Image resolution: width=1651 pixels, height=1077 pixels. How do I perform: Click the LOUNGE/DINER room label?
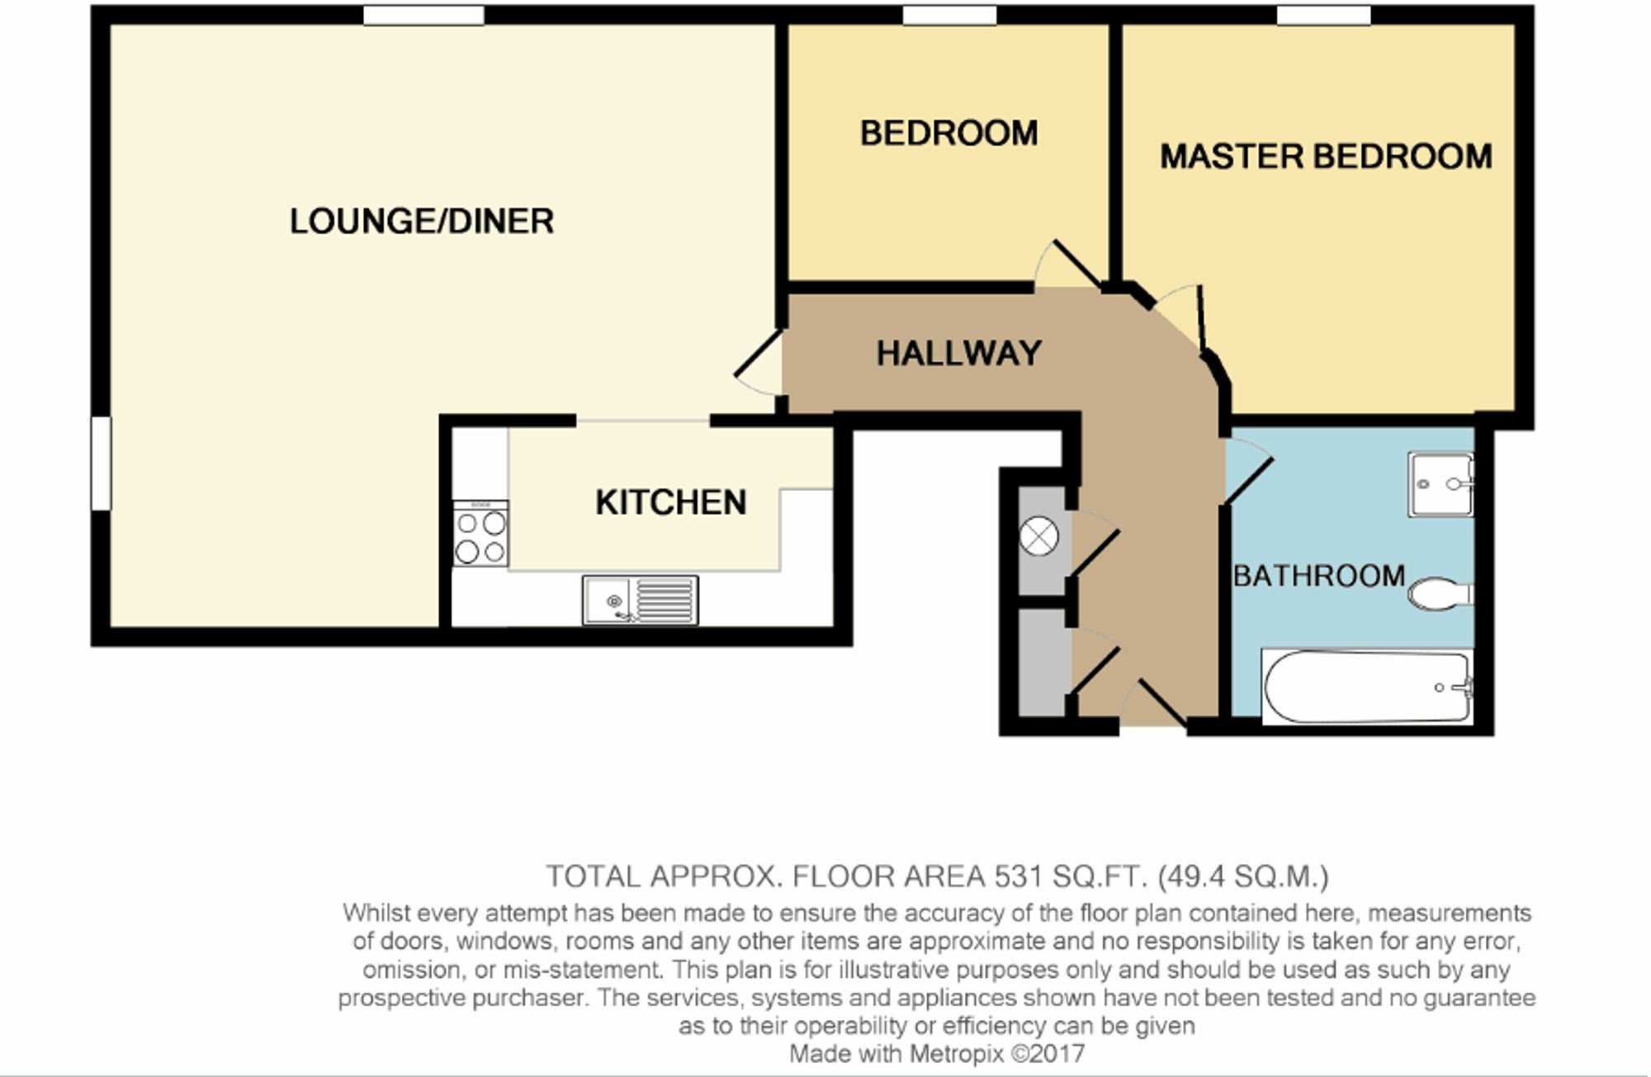pyautogui.click(x=421, y=221)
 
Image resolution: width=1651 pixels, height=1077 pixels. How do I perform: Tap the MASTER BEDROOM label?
pyautogui.click(x=1326, y=157)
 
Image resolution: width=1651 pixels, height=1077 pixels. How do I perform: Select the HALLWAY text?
pyautogui.click(x=958, y=353)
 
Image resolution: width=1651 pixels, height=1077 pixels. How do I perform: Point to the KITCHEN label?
pyautogui.click(x=670, y=503)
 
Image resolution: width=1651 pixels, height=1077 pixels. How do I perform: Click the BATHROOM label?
pyautogui.click(x=1318, y=575)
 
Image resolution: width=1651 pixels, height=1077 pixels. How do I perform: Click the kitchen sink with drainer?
pyautogui.click(x=640, y=600)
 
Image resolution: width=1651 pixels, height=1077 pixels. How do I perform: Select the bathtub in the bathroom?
pyautogui.click(x=1367, y=687)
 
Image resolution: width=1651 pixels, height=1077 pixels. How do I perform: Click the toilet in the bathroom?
pyautogui.click(x=1440, y=593)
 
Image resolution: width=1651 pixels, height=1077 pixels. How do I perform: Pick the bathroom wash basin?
pyautogui.click(x=1440, y=484)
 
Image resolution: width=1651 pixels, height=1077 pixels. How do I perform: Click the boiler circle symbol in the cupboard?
pyautogui.click(x=1038, y=537)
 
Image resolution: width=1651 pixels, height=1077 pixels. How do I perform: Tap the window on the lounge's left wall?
pyautogui.click(x=101, y=463)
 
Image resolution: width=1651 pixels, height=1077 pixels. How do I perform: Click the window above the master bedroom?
pyautogui.click(x=1323, y=16)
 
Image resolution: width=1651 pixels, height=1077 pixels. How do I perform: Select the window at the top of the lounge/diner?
pyautogui.click(x=423, y=16)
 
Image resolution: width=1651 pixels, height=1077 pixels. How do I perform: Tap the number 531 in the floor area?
pyautogui.click(x=1019, y=876)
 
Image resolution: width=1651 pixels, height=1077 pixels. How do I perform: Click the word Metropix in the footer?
pyautogui.click(x=957, y=1054)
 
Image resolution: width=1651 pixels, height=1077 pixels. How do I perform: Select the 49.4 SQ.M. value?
pyautogui.click(x=1243, y=876)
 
